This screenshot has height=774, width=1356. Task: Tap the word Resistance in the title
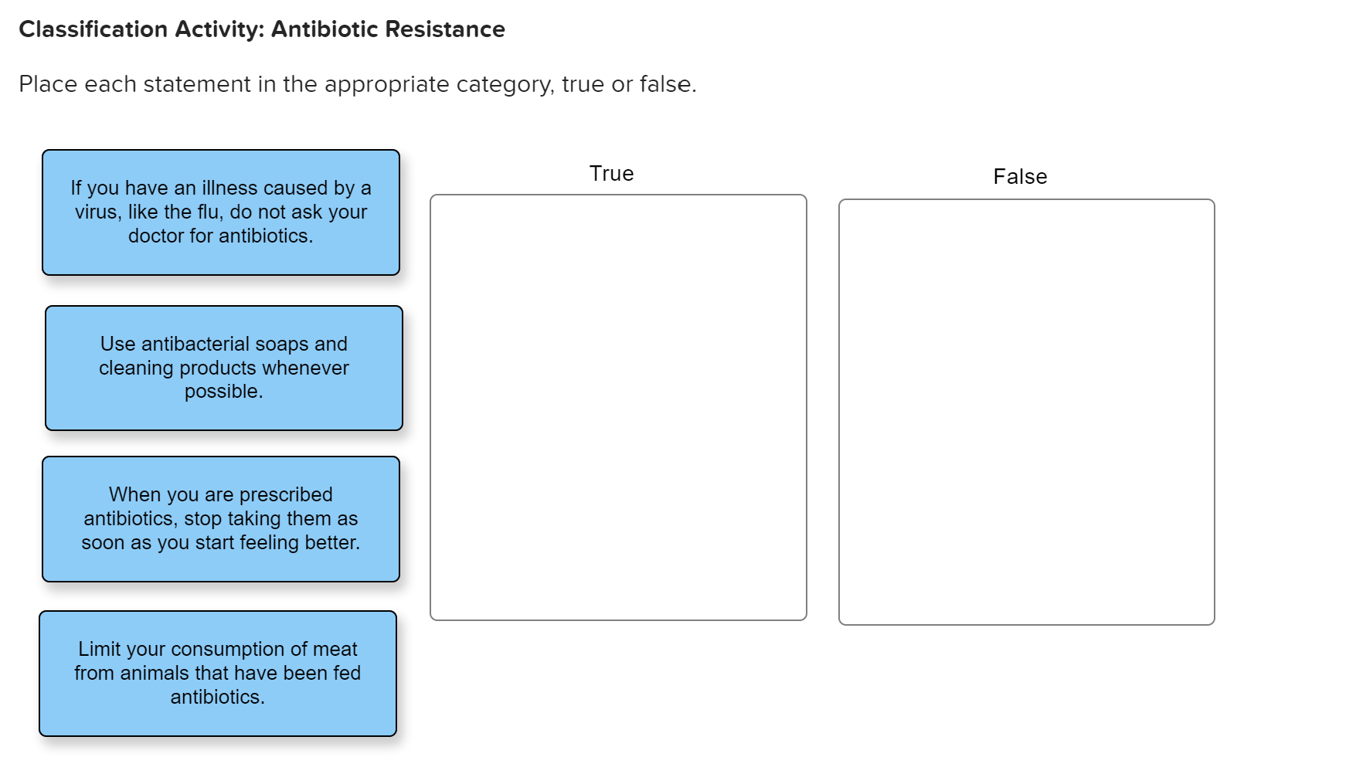445,29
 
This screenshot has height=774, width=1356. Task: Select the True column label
611,174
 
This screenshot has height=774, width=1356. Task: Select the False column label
1020,177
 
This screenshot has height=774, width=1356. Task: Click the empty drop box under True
618,407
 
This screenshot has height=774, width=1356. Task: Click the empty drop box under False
1026,412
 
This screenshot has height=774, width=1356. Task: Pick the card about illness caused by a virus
221,212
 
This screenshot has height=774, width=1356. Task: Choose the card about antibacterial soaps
224,368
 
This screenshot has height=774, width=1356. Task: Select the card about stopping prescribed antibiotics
221,518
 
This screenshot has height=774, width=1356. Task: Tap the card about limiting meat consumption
218,673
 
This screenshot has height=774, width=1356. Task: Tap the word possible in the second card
222,392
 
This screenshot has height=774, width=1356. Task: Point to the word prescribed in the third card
286,494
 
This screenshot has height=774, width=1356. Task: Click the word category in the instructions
505,84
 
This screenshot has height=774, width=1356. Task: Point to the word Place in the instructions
48,84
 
